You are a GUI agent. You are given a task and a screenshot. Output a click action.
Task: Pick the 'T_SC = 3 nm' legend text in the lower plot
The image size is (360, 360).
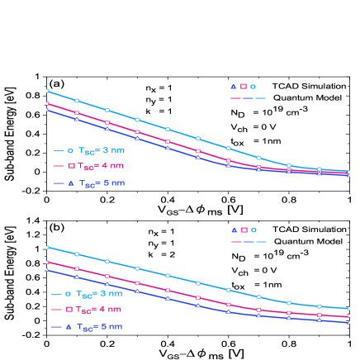(x=99, y=293)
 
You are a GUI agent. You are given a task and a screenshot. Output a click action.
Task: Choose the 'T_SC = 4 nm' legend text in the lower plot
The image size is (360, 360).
(x=99, y=309)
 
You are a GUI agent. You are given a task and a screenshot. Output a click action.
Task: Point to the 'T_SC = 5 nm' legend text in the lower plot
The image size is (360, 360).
(x=99, y=326)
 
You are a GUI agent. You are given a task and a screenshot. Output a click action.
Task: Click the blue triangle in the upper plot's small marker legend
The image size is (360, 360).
(x=234, y=86)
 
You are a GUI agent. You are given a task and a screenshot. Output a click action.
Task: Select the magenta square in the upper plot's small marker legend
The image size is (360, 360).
(x=244, y=86)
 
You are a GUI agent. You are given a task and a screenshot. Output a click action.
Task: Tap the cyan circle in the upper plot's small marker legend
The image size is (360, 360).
(x=253, y=86)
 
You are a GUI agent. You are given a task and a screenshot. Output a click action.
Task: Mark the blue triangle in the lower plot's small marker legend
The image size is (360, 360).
(x=234, y=230)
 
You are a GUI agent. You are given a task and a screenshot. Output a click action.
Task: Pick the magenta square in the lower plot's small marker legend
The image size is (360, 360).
(x=244, y=230)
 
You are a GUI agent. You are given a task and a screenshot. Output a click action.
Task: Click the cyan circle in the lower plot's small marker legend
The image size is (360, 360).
(x=253, y=230)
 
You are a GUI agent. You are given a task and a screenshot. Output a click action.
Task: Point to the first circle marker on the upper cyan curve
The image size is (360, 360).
(x=47, y=91)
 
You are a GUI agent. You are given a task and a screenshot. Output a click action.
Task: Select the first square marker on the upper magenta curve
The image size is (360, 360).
(x=47, y=103)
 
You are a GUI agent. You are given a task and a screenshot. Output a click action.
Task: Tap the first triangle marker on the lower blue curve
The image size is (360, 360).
(x=47, y=269)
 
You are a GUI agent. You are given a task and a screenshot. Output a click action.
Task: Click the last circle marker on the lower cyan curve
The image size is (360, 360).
(x=349, y=309)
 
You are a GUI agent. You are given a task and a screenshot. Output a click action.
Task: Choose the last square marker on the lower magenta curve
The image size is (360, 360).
(x=349, y=315)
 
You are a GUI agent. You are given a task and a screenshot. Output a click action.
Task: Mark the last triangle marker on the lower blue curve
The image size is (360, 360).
(x=349, y=322)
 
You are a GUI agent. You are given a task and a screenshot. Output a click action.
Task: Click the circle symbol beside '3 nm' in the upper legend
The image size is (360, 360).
(x=70, y=150)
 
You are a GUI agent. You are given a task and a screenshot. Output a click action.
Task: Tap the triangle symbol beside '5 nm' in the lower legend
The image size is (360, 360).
(x=69, y=326)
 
